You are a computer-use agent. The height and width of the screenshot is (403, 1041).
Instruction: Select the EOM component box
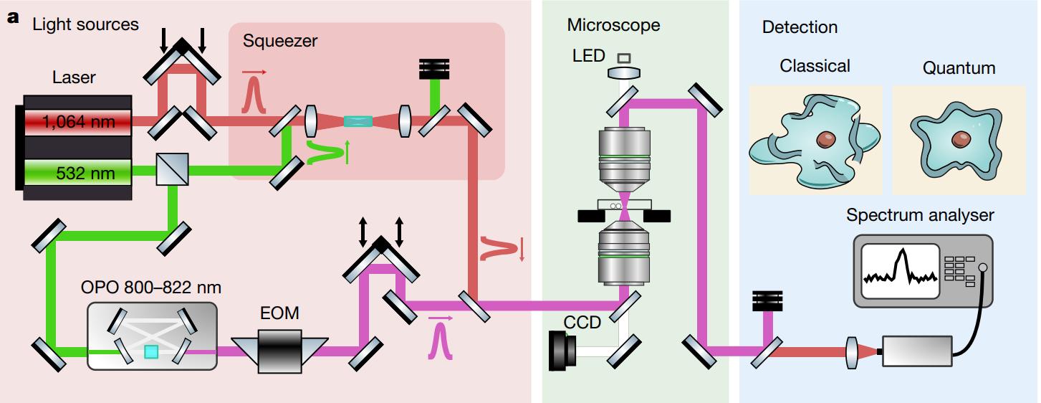(280, 351)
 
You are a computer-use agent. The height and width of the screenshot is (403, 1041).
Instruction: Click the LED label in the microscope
(589, 55)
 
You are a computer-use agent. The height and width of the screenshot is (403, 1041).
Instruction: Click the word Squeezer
(279, 41)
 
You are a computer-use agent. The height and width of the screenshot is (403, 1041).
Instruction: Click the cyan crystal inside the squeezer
(358, 121)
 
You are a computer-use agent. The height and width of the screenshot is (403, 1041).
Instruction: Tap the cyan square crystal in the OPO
(151, 351)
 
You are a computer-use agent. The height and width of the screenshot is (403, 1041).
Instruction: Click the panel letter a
(12, 19)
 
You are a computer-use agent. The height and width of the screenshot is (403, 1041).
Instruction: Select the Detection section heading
(800, 27)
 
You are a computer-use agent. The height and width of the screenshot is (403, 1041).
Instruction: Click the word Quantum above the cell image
(959, 68)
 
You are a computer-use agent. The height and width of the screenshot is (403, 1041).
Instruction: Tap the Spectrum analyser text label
(920, 214)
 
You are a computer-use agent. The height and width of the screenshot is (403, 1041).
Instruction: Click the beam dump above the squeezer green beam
(435, 69)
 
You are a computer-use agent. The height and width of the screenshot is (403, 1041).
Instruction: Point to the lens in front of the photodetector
(853, 352)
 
